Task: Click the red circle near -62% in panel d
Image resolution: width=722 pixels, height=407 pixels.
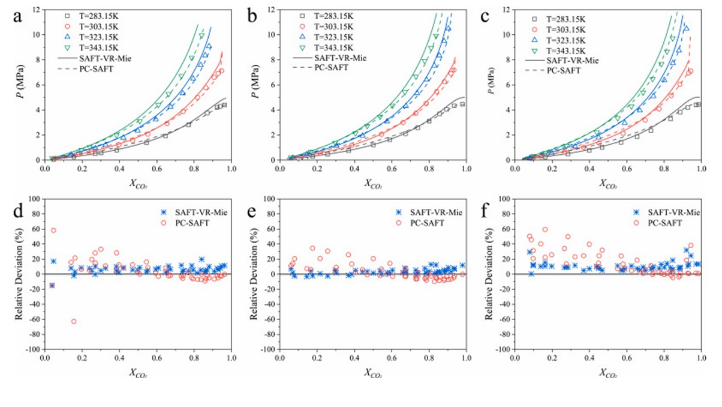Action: click(x=74, y=321)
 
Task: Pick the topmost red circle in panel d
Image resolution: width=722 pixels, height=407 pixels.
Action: click(x=53, y=231)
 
